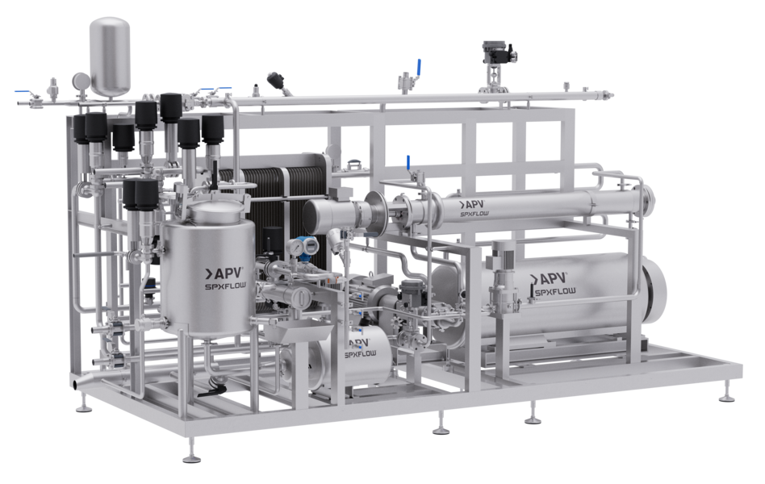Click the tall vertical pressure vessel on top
(111, 56)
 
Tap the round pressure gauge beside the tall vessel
(81, 80)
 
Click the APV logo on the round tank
(223, 273)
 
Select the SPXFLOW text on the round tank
(225, 286)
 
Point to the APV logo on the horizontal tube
(471, 204)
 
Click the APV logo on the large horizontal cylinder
(549, 278)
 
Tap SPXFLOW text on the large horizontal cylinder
(555, 292)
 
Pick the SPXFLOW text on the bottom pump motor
(361, 354)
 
